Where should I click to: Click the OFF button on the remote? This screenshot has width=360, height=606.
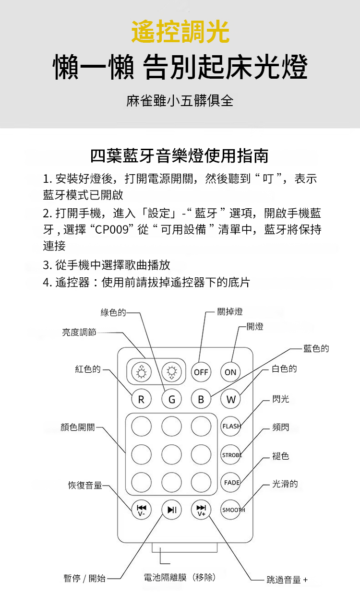coord(201,372)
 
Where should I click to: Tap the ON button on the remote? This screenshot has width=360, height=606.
coord(230,372)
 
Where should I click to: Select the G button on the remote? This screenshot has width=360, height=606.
coord(172,399)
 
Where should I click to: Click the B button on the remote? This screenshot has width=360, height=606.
coord(201,399)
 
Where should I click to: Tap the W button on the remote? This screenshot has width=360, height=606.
coord(230,399)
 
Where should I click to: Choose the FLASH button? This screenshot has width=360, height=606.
coord(230,427)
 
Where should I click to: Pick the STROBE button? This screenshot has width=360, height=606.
coord(230,455)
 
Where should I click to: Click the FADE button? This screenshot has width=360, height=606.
coord(230,483)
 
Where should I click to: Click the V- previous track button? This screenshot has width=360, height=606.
coord(141,510)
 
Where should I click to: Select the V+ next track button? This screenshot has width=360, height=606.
coord(201,510)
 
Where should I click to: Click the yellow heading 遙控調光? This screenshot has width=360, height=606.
coord(180,31)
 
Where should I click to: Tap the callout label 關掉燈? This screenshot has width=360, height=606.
coord(230,312)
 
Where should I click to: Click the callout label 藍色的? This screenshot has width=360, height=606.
coord(316,348)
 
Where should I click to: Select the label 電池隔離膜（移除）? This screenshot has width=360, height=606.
coord(180,577)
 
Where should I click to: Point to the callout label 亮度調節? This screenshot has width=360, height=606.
coord(79,332)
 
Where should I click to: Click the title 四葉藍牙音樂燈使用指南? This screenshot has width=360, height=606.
coord(180,156)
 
